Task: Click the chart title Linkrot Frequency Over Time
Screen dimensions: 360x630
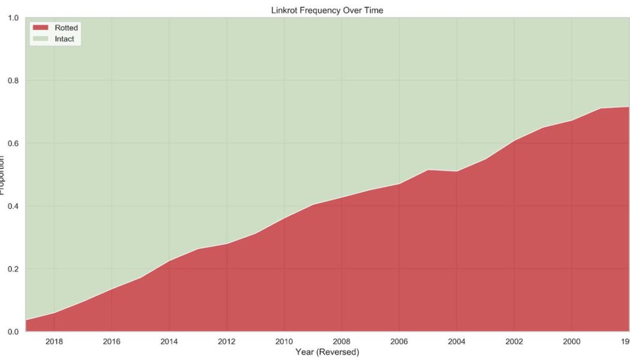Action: tap(327, 10)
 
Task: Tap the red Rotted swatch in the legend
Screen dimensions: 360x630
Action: tap(41, 28)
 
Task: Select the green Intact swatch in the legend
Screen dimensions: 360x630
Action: tap(41, 39)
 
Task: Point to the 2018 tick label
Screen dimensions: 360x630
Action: tap(54, 341)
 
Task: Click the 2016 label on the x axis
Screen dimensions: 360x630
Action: tap(112, 341)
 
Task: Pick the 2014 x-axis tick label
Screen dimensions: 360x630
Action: tap(169, 341)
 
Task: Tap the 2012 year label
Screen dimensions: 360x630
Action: tap(226, 341)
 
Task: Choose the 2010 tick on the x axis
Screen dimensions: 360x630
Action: tap(284, 341)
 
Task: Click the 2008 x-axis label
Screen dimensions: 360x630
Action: tap(341, 341)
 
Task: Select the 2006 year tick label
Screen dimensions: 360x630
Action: tap(399, 341)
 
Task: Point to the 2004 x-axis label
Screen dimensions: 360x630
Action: tap(457, 341)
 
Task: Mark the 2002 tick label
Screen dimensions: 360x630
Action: tap(514, 341)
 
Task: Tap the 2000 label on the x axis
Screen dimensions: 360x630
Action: tap(571, 341)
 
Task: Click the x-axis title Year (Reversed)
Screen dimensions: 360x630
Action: tap(327, 352)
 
